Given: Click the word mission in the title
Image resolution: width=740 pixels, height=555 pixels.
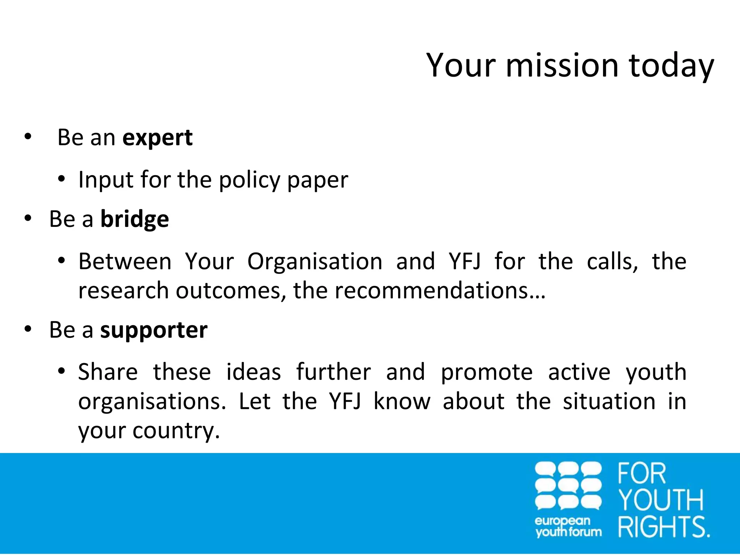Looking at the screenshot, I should coord(562,66).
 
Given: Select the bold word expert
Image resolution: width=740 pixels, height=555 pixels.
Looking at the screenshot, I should coord(158,138).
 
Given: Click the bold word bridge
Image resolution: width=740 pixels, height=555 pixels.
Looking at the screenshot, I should coord(134,220).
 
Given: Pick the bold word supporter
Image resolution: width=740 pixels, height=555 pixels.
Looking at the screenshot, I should coord(154,331).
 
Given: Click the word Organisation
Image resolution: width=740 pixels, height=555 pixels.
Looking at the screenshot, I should coord(315,262).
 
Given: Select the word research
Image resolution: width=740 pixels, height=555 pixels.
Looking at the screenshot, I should coord(124,291).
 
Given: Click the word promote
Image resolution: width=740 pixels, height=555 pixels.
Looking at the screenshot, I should coord(487,373).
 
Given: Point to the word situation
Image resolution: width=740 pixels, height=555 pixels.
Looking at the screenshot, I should coord(609,401).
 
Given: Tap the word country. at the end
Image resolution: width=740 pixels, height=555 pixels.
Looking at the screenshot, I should coord(176,431).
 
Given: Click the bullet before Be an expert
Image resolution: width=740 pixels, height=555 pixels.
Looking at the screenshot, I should coord(28,137).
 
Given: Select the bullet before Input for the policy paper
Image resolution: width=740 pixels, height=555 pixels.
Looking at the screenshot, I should coord(61,179).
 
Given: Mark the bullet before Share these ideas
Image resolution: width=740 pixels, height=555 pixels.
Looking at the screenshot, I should coord(61,371).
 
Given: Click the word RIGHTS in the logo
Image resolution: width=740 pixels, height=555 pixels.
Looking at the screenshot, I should coord(663,527).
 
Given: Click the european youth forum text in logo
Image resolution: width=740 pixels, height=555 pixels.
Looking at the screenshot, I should coord(568,526).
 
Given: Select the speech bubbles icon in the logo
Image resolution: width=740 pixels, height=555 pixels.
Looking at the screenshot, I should coord(568,486).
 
